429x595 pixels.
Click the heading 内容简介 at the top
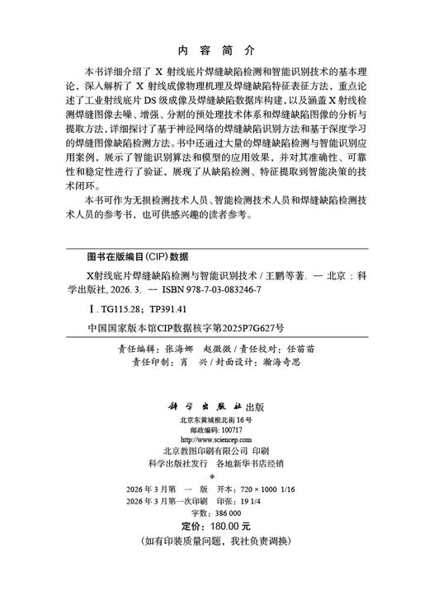(214, 50)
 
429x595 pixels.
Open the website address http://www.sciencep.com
(214, 439)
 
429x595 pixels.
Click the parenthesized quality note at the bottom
(214, 540)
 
